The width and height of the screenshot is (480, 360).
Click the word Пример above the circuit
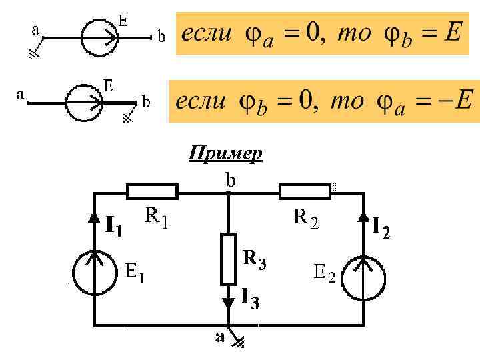[x=225, y=154]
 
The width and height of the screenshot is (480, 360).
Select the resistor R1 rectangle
[x=152, y=192]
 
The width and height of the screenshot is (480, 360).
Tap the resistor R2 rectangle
[x=305, y=192]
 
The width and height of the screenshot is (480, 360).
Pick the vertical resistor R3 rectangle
[x=229, y=258]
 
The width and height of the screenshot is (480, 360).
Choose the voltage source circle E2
[x=365, y=274]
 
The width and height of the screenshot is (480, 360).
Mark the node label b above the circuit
[x=230, y=179]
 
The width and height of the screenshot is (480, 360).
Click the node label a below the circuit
[x=220, y=337]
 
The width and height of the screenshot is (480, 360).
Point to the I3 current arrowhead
[x=229, y=302]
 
